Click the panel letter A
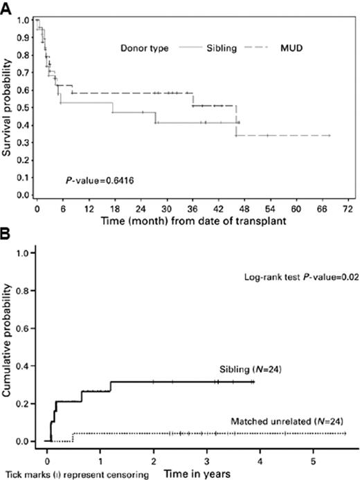tap(6, 7)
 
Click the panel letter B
tap(6, 236)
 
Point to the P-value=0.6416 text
tap(87, 179)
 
